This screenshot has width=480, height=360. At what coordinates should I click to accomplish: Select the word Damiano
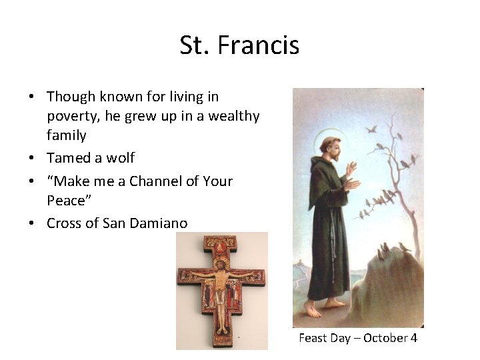point(155,223)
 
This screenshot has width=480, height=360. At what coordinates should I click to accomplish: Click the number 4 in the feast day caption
point(413,338)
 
